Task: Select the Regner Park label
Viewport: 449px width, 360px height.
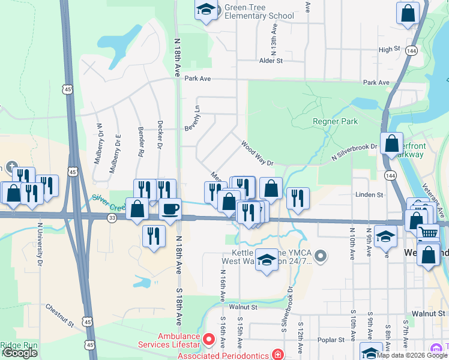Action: pos(335,121)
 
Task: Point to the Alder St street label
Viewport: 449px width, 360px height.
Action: pos(271,61)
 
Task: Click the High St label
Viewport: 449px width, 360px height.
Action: pos(389,49)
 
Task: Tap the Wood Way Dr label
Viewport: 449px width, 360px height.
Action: pos(257,154)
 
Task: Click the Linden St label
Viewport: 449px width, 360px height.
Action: pos(369,195)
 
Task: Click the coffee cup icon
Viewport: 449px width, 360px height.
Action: pos(170,209)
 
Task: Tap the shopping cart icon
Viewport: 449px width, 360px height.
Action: pos(428,232)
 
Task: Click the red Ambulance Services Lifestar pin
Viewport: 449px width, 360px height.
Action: pos(209,340)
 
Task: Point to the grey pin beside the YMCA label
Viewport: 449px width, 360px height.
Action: pos(321,257)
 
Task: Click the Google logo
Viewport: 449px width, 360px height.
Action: pos(20,353)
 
